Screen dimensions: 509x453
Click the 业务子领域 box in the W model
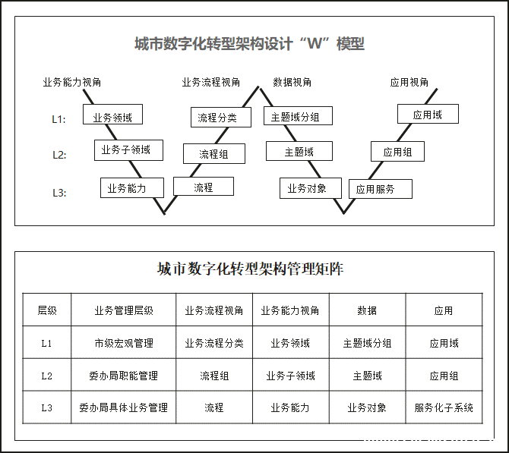pos(128,150)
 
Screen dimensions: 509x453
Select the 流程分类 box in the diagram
pos(221,117)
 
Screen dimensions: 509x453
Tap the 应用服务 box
pos(381,189)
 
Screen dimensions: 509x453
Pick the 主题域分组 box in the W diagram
pos(298,115)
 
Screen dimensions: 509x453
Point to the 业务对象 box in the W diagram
pos(310,187)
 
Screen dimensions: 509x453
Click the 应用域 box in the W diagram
pos(428,114)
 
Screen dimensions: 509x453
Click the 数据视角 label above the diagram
pos(292,82)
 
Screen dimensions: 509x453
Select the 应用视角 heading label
pos(409,82)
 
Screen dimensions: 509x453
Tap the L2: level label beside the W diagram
pos(59,155)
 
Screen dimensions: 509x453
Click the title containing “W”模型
pos(250,43)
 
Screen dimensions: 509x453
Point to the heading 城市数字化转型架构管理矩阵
pos(250,269)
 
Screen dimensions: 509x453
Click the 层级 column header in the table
pos(47,310)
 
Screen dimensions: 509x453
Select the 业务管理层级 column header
pos(124,310)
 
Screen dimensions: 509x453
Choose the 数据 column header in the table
pos(367,310)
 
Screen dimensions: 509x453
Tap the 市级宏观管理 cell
pos(124,343)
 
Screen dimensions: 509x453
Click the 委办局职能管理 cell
pos(124,376)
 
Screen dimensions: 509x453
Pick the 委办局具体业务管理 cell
pos(124,407)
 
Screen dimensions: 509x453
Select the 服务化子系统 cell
pos(444,407)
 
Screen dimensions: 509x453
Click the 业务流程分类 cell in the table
pos(214,343)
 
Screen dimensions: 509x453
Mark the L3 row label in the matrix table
pos(47,407)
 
